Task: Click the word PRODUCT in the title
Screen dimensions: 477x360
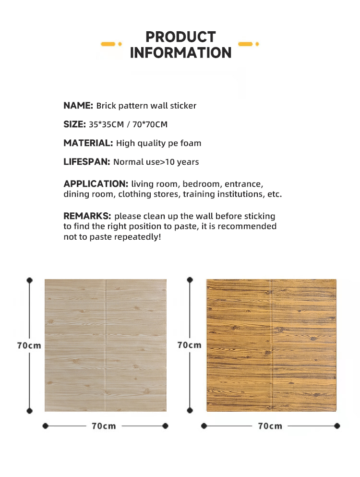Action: [180, 37]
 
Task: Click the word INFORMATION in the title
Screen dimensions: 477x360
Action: [180, 53]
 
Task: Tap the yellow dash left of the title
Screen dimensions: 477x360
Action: [110, 44]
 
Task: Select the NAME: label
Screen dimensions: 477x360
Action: [78, 106]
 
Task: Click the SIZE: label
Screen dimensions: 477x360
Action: [75, 124]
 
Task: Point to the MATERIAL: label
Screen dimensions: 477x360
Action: [88, 143]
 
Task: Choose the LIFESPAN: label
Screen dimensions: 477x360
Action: [87, 162]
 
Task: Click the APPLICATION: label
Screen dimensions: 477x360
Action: [96, 184]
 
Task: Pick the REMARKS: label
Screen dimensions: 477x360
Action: [87, 216]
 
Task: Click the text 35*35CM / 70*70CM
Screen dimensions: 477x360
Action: [128, 125]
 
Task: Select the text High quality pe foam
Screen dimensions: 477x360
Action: [158, 143]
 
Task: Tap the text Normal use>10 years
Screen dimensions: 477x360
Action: [156, 162]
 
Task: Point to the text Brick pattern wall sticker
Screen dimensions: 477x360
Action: [146, 106]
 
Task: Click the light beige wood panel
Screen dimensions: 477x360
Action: [106, 345]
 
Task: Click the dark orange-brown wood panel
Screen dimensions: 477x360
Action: [271, 345]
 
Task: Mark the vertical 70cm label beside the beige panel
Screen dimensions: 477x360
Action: [29, 345]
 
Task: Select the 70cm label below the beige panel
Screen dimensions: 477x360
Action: [104, 426]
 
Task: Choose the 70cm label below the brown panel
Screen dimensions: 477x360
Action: [270, 426]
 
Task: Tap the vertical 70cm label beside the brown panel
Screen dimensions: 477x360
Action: [190, 345]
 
